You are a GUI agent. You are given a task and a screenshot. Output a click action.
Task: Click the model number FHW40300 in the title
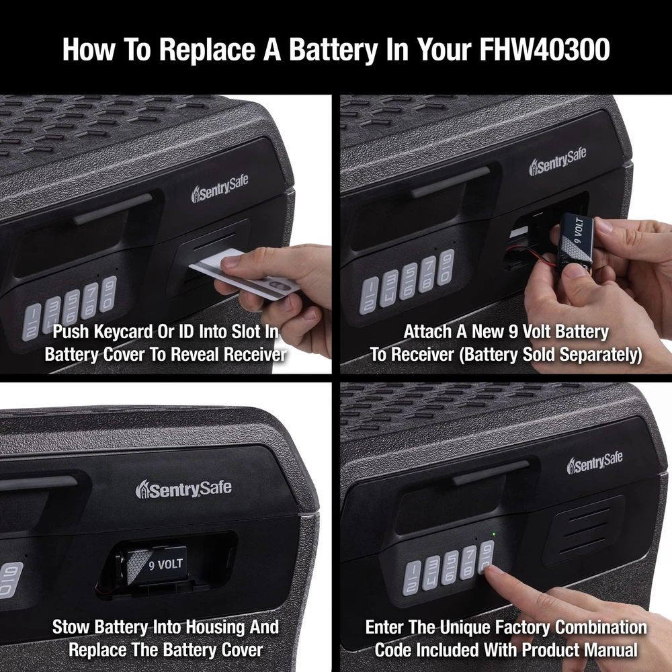point(544,49)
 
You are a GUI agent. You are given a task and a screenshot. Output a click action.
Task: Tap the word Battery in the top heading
point(333,50)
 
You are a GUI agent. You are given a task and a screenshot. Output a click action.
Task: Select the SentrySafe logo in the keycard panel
point(220,188)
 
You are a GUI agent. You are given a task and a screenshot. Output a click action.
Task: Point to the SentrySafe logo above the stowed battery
point(183,489)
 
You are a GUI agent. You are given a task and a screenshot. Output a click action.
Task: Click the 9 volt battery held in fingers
point(577,242)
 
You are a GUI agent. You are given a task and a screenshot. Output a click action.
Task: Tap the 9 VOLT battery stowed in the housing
point(157,565)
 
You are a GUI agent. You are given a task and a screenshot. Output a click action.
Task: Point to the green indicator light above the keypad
point(494,534)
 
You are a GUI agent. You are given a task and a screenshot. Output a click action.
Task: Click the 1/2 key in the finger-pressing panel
point(411,579)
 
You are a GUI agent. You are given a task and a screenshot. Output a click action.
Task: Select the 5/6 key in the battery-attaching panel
point(409,282)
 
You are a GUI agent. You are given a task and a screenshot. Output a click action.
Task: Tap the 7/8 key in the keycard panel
point(91,302)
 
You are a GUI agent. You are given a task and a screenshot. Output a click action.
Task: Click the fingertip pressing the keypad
point(491,570)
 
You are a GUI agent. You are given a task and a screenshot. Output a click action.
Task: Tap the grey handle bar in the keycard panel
point(113,208)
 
